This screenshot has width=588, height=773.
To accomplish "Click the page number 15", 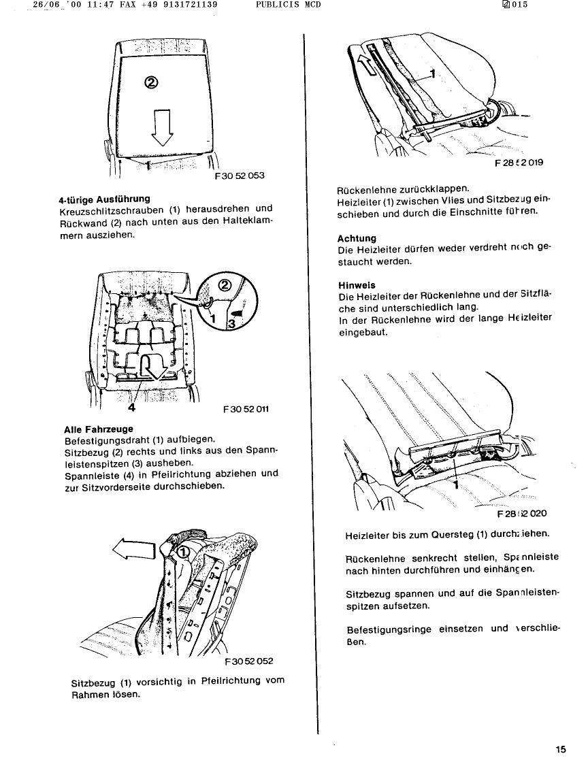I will click(x=560, y=750).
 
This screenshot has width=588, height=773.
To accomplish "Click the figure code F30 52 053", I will click(x=239, y=176).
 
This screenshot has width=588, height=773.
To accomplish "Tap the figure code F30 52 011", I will click(x=246, y=410).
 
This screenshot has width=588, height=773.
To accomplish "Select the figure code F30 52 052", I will click(x=248, y=661).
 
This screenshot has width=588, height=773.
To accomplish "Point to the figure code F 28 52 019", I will click(x=519, y=163).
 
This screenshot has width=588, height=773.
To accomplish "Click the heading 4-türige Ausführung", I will click(x=104, y=199).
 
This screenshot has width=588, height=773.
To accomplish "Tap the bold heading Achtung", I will click(x=357, y=238).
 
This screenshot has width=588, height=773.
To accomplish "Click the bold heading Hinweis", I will click(x=356, y=286).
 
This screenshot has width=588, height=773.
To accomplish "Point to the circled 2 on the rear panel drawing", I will click(x=151, y=82).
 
